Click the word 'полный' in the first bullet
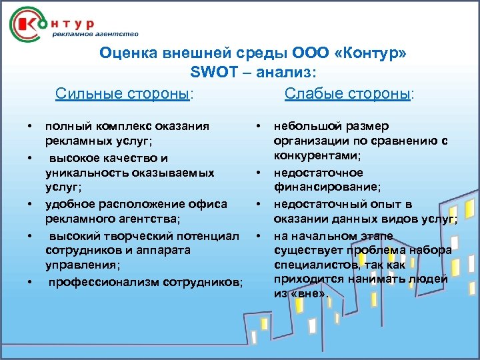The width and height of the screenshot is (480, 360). coord(63,126)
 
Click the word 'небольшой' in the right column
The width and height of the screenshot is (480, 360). coord(303,126)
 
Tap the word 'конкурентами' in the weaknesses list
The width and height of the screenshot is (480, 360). coord(316,156)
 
